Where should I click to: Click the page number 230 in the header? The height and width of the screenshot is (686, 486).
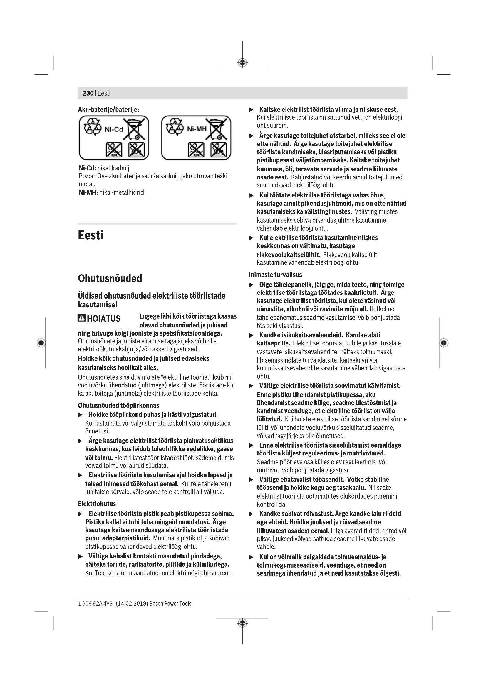click(88, 93)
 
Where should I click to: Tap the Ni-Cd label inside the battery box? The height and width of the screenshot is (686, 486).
click(114, 129)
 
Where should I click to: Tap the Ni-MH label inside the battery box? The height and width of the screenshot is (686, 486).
click(197, 129)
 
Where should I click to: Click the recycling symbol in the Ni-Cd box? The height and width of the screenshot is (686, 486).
click(92, 127)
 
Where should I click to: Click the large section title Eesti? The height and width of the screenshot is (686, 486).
click(91, 235)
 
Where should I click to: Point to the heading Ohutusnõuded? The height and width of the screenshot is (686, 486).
click(110, 278)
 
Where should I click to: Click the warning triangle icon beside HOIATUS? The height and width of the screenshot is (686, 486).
click(81, 318)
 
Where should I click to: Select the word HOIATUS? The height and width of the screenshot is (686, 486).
click(103, 319)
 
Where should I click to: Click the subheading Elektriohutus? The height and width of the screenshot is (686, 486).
click(97, 504)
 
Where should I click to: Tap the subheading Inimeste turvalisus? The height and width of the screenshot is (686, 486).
click(275, 275)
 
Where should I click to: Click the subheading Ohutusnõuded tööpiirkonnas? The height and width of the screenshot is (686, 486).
click(118, 405)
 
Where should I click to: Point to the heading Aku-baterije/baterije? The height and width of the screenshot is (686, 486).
click(108, 110)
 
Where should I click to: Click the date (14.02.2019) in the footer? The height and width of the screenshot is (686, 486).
click(132, 604)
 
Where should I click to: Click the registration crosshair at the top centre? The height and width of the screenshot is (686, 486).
click(242, 63)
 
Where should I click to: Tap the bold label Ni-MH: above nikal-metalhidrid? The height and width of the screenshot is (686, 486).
click(88, 192)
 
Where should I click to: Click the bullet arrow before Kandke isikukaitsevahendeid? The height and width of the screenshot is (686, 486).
click(252, 336)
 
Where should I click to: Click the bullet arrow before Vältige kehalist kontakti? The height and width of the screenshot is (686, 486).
click(80, 557)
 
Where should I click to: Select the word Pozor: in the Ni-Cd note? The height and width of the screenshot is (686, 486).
click(87, 176)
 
